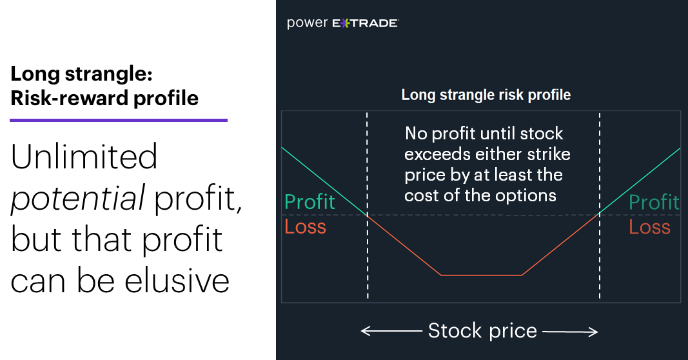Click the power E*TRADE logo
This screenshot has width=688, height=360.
pyautogui.click(x=342, y=23)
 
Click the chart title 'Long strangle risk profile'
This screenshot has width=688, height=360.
pyautogui.click(x=486, y=95)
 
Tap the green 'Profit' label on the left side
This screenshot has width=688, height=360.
pyautogui.click(x=310, y=202)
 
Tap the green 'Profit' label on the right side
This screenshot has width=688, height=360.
pyautogui.click(x=654, y=202)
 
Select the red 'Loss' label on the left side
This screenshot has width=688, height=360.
pyautogui.click(x=306, y=227)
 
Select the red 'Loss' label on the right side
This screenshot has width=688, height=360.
pyautogui.click(x=649, y=227)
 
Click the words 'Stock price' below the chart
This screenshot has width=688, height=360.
pyautogui.click(x=482, y=330)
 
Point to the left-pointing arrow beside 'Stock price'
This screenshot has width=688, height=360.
pyautogui.click(x=391, y=331)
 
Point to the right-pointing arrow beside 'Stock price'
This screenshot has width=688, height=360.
pyautogui.click(x=570, y=332)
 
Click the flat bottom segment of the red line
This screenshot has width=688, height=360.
pyautogui.click(x=481, y=275)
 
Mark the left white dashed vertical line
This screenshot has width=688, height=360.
pyautogui.click(x=368, y=205)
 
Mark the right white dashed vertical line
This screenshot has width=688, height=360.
pyautogui.click(x=600, y=205)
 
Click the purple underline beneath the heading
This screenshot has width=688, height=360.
pyautogui.click(x=119, y=120)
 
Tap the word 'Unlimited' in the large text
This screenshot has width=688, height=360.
pyautogui.click(x=84, y=157)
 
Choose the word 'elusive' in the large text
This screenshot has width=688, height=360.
pyautogui.click(x=177, y=281)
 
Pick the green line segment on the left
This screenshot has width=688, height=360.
pyautogui.click(x=324, y=181)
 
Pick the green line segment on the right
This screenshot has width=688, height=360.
pyautogui.click(x=640, y=181)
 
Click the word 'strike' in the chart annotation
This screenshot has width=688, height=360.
pyautogui.click(x=549, y=154)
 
